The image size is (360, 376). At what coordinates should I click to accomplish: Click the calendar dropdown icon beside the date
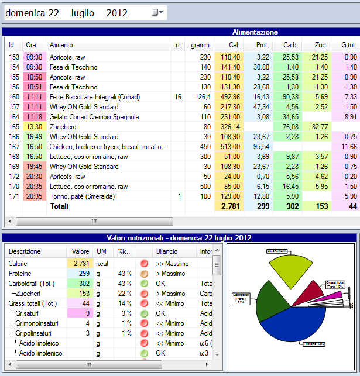coord(155,13)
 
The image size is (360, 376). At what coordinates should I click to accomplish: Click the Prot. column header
coord(262,45)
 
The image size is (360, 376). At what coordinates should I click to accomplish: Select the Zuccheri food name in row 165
coord(63,127)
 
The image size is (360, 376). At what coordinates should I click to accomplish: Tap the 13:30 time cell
coord(34,127)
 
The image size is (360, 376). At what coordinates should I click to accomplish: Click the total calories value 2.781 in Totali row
coord(230,206)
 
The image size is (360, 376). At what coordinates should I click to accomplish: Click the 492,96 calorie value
coord(229,97)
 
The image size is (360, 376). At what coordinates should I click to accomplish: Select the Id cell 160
coord(14,97)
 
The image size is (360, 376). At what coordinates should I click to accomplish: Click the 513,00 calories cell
coord(229,147)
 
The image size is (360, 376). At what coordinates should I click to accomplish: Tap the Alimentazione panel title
coord(255,32)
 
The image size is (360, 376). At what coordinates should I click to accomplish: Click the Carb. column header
coord(290,45)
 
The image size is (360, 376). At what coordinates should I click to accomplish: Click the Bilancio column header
coord(166,251)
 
